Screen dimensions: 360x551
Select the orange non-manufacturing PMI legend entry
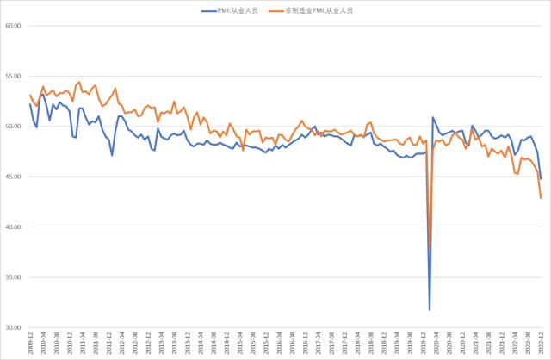pyautogui.click(x=316, y=10)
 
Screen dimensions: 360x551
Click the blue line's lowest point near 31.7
pyautogui.click(x=429, y=309)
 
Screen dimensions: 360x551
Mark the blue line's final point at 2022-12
pyautogui.click(x=541, y=178)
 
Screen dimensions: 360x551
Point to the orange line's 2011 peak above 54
pyautogui.click(x=79, y=83)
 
